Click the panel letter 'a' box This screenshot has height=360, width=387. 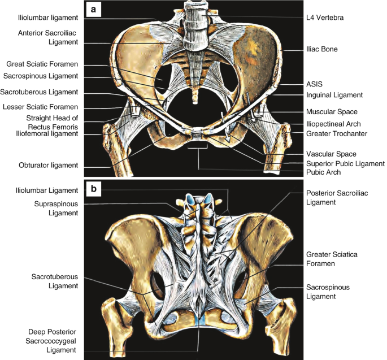click(x=93, y=9)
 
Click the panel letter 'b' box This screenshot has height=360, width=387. click(x=93, y=188)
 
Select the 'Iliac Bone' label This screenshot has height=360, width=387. click(x=321, y=50)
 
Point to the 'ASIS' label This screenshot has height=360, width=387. click(x=314, y=84)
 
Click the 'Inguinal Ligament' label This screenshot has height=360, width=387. click(x=333, y=95)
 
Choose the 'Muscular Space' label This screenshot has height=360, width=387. click(x=332, y=112)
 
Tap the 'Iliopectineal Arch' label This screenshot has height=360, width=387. click(x=333, y=123)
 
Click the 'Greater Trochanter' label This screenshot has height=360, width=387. click(x=336, y=134)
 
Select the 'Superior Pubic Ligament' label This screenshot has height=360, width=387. click(x=343, y=164)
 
